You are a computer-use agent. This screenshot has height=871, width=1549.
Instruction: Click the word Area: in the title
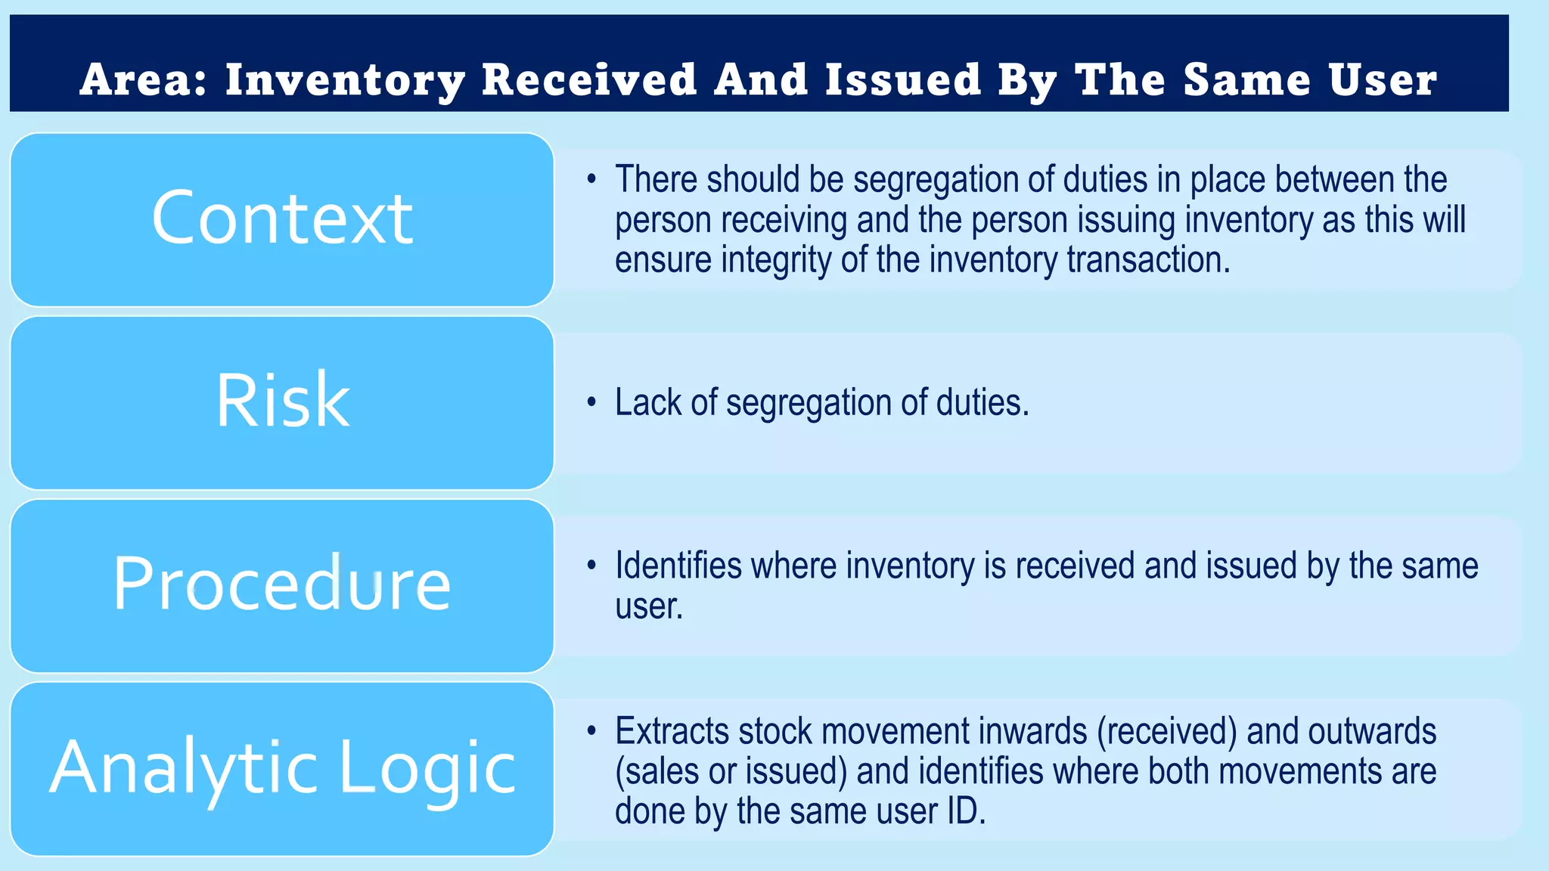coord(143,80)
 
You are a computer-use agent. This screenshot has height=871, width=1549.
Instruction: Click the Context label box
coord(282,219)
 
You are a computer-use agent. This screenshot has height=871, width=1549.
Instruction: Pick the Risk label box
coord(282,401)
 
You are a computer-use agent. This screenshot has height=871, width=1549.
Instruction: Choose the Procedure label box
coord(282,584)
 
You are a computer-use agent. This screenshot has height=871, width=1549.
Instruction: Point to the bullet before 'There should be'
coord(591,180)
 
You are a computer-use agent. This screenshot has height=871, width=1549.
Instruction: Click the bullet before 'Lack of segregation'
coord(591,402)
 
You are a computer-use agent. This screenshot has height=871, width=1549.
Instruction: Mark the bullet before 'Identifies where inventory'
coord(591,566)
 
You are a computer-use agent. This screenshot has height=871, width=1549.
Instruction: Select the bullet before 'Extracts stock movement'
coord(591,731)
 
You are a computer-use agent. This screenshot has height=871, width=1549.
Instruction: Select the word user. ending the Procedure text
coord(649,606)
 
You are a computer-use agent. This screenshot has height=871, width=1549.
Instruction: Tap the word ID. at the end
coord(966,811)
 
